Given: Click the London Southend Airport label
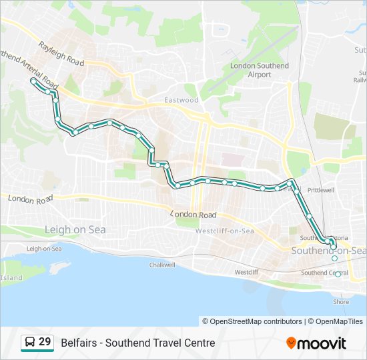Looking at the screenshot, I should (x=260, y=70).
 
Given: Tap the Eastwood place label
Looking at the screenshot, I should (x=181, y=100).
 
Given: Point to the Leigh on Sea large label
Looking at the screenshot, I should (x=75, y=230).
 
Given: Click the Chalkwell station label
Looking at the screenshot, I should (x=161, y=265).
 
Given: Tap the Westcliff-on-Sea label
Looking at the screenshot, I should (x=224, y=231).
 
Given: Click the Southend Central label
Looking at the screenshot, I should (x=324, y=273).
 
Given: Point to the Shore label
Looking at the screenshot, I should (x=341, y=301).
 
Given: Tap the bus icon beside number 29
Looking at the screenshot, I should (x=29, y=343).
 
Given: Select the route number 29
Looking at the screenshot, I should (x=45, y=342).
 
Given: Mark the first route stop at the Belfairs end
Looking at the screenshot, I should (x=33, y=81).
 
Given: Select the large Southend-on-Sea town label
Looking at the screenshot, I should (x=329, y=251).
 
